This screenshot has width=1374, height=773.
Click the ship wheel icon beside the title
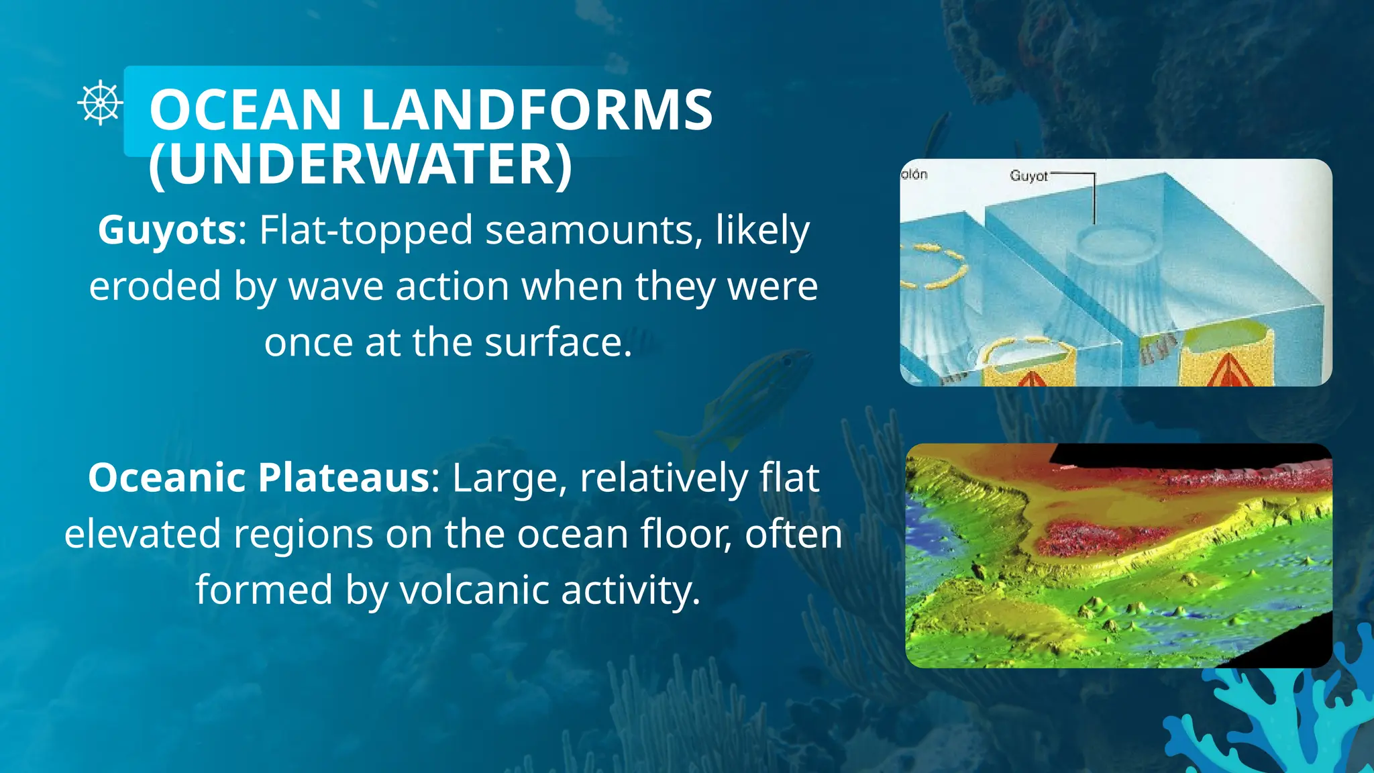coord(100,103)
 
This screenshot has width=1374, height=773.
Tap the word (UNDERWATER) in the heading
coord(360,164)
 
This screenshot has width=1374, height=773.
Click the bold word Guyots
coord(167,230)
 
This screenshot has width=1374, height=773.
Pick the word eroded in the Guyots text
coord(155,287)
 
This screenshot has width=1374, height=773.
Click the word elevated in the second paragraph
coord(142,534)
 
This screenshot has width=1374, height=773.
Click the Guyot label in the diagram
coord(1028,176)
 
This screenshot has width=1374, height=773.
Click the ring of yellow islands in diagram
coord(935,267)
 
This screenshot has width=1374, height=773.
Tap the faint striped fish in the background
coord(738,403)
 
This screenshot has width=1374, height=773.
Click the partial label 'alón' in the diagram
coord(914,174)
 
